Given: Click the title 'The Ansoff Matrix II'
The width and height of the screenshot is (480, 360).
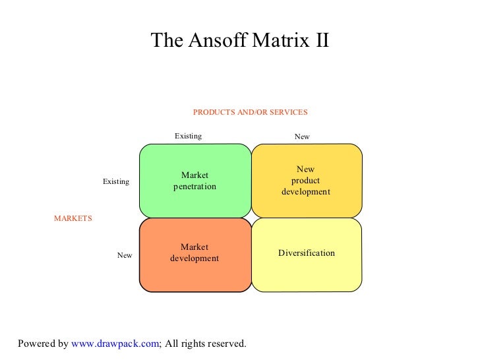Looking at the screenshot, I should [239, 41].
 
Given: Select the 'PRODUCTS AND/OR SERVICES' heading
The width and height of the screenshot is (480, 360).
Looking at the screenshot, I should [250, 112].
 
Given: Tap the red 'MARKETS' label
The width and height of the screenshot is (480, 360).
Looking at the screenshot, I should [73, 218].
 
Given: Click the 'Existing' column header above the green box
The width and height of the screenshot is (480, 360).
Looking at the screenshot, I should [188, 136].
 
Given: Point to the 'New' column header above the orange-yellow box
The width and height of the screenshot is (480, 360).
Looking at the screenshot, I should [301, 137].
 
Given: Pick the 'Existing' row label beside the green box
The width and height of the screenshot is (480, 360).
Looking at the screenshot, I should [115, 181].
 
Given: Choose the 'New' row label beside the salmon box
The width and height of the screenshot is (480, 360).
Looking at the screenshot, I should [125, 255].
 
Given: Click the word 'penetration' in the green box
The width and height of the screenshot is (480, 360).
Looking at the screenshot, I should [195, 187].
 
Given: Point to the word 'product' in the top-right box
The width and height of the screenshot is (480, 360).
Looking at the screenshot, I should [305, 181].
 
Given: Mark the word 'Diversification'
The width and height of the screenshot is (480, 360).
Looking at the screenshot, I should [306, 253].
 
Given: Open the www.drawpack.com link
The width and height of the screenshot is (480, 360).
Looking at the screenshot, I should [115, 344].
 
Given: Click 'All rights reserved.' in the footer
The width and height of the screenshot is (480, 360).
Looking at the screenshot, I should [205, 344].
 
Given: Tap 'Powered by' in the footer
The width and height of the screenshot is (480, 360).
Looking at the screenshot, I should [43, 344].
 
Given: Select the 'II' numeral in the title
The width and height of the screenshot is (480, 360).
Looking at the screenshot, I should [318, 41].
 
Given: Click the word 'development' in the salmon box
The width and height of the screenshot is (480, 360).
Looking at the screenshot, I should [195, 258].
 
